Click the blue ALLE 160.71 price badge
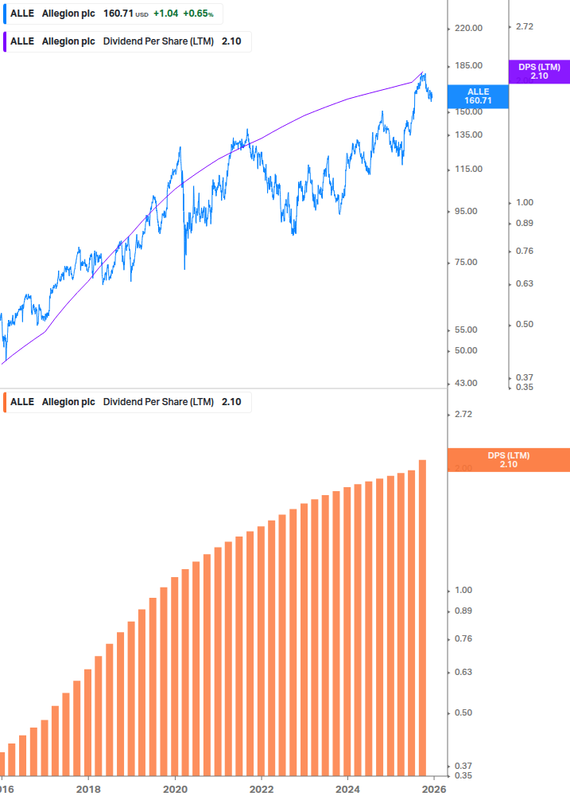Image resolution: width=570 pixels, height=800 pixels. click(x=478, y=96)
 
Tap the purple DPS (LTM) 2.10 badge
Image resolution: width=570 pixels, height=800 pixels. click(x=539, y=72)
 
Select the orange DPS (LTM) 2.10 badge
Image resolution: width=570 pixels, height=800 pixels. click(x=509, y=460)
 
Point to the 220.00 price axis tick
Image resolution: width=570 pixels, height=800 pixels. click(x=467, y=28)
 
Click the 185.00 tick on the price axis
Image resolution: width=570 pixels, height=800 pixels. click(x=467, y=65)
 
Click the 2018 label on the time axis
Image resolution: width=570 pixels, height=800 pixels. click(x=88, y=790)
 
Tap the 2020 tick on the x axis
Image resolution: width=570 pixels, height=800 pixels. click(x=175, y=790)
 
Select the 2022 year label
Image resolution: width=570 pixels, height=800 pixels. click(x=262, y=790)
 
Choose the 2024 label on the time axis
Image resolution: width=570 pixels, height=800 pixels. click(x=348, y=790)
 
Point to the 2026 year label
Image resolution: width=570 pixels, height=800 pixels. click(x=433, y=790)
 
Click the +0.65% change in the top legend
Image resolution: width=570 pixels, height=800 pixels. click(x=198, y=14)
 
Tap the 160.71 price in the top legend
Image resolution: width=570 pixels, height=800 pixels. click(x=118, y=14)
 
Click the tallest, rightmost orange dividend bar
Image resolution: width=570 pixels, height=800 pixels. click(x=422, y=617)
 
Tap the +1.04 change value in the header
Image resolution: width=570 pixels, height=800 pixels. click(x=165, y=14)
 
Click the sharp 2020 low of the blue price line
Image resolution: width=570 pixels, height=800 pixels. click(x=184, y=268)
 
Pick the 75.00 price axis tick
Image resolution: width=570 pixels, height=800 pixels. click(x=467, y=262)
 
